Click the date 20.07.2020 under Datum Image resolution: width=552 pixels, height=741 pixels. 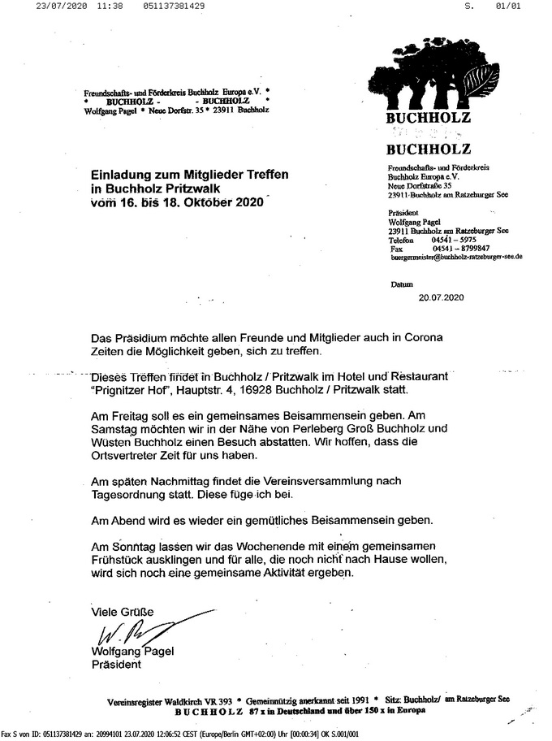pos(441,298)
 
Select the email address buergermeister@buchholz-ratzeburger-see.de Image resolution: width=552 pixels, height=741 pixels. pos(456,257)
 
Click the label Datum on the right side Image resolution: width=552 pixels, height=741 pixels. pos(401,285)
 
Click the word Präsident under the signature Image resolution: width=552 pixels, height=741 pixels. pos(115,664)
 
